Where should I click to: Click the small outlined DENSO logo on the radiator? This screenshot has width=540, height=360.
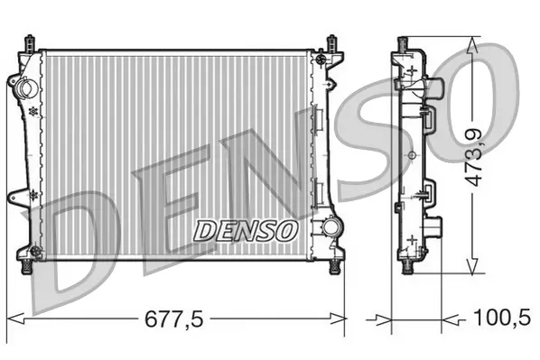point(246,229)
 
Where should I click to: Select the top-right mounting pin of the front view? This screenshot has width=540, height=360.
point(332,42)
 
